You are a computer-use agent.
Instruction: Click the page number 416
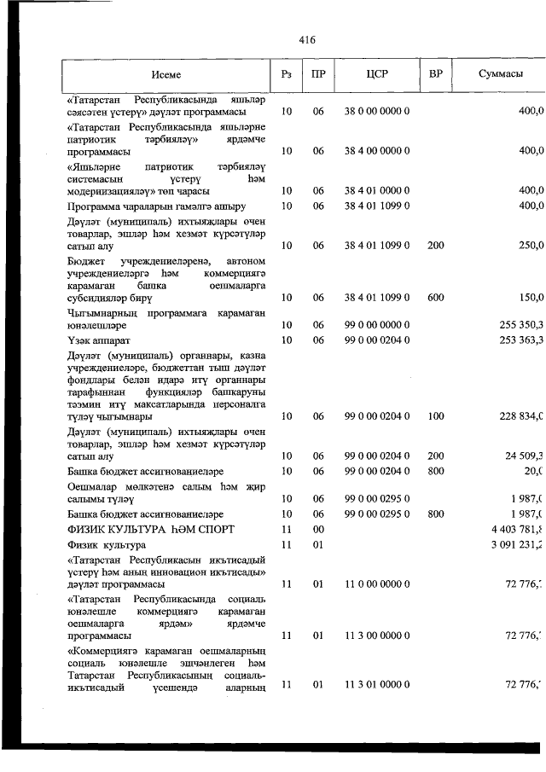307,39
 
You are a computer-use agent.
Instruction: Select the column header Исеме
166,74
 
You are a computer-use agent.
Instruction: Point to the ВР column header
435,74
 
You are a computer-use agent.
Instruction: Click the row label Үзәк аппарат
96,340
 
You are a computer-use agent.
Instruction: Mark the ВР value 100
435,416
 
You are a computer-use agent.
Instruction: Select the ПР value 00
318,530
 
